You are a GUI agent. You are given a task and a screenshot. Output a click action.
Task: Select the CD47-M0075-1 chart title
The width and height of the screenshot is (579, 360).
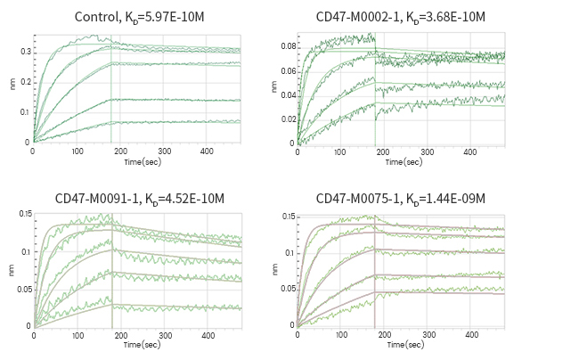point(400,198)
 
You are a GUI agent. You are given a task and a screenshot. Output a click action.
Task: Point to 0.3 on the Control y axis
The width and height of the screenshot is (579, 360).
point(25,52)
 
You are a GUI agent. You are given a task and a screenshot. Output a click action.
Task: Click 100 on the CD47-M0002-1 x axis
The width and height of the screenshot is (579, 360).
point(343,152)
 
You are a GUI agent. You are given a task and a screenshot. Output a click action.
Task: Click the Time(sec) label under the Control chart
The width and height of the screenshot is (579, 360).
point(143,162)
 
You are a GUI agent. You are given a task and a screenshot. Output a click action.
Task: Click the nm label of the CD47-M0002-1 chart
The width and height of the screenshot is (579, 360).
point(274,87)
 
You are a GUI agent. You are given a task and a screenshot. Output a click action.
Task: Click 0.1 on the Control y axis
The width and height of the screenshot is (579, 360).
point(25,112)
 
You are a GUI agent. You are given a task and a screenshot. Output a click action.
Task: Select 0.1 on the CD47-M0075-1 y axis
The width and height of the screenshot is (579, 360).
point(289,253)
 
